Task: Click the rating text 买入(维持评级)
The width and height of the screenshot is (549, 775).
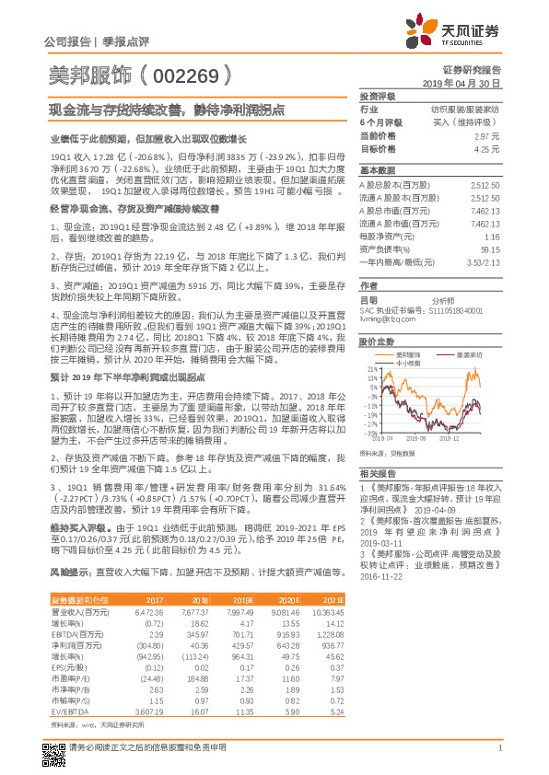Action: pos(473,121)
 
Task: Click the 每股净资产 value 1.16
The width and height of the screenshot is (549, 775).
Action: pos(491,235)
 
